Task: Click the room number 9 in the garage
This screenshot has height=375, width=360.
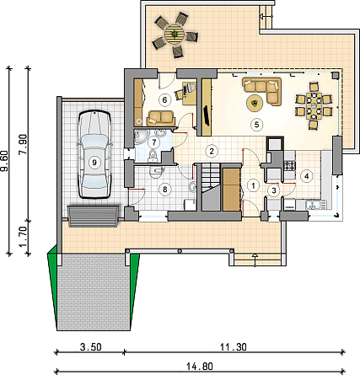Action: tap(94, 162)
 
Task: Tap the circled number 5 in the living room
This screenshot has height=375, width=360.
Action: tap(256, 125)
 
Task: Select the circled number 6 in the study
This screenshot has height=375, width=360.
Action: tap(164, 99)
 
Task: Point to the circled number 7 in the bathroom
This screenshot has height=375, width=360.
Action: tap(154, 142)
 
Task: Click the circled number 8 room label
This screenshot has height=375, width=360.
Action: tap(165, 189)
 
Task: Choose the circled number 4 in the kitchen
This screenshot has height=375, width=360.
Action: tap(306, 176)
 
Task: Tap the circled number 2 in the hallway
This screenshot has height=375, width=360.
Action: tap(212, 152)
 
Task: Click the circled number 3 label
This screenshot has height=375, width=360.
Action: tap(274, 190)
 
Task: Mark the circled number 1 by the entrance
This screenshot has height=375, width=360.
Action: tap(254, 185)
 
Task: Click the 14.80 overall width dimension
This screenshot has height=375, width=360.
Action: tap(200, 367)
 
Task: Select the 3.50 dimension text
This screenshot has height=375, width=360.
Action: tap(90, 347)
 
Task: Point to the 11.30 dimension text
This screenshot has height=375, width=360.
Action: tap(233, 347)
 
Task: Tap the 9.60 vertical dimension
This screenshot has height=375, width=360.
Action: tap(4, 161)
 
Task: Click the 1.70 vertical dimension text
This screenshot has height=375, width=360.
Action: tap(23, 237)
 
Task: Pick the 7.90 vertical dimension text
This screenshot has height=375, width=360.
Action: tap(23, 144)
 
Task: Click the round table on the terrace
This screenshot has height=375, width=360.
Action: tap(175, 35)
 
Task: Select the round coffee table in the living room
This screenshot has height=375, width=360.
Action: tap(255, 104)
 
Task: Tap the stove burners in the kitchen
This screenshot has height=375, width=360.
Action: tap(290, 165)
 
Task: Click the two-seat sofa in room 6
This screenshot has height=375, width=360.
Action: tap(161, 118)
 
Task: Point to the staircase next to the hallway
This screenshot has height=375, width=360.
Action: tap(211, 187)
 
